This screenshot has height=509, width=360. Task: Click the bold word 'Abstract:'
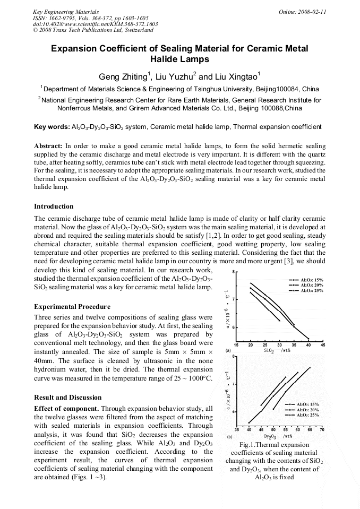coord(48,145)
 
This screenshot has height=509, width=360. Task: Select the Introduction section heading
coord(54,206)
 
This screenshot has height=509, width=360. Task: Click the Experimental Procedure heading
coord(72,306)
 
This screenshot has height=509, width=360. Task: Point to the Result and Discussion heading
coord(67,397)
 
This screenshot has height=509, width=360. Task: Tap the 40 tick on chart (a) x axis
coord(308,344)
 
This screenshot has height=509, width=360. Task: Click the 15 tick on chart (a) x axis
coord(236,344)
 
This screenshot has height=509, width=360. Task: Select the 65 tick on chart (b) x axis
coord(310,429)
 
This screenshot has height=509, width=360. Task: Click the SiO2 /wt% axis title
coord(277,350)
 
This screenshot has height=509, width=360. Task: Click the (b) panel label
coord(229,436)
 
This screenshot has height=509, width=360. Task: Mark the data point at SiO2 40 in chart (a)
coord(309,338)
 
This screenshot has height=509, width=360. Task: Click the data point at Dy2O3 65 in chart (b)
coord(310,367)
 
